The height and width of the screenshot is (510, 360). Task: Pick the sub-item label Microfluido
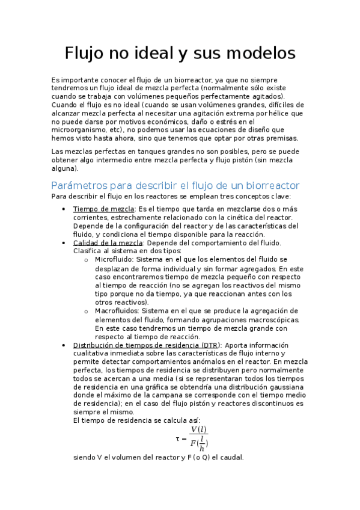pyautogui.click(x=114, y=259)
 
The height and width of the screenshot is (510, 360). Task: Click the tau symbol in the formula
pyautogui.click(x=178, y=438)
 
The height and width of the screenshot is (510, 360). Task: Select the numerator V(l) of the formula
pyautogui.click(x=198, y=429)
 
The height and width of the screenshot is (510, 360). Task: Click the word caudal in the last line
pyautogui.click(x=231, y=457)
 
